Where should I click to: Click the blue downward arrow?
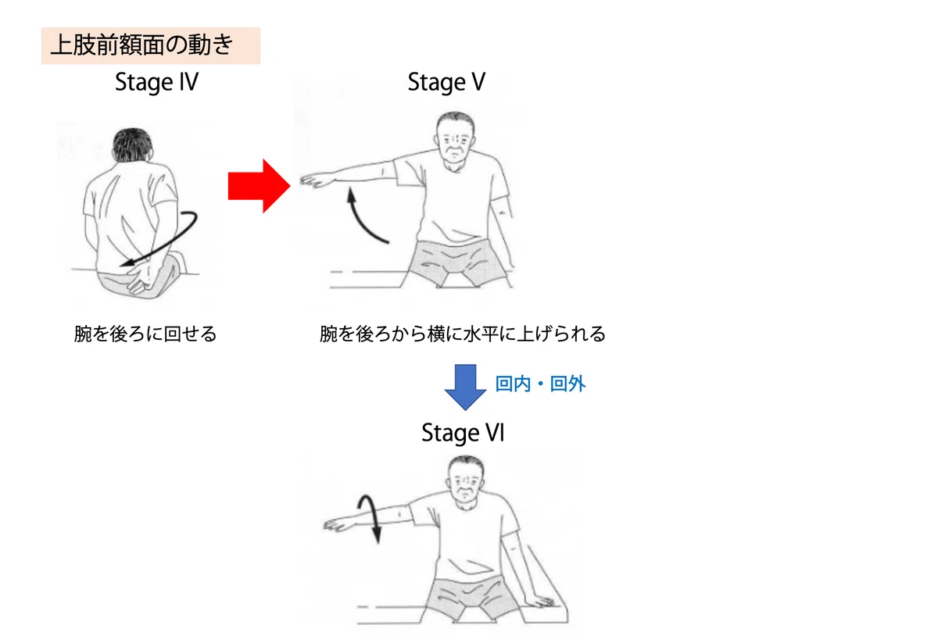click(x=465, y=388)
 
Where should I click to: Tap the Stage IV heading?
click(x=156, y=83)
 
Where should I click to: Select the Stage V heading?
click(x=446, y=83)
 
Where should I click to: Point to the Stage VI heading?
click(x=463, y=433)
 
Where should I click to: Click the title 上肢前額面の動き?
click(x=142, y=45)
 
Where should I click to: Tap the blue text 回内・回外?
click(x=540, y=384)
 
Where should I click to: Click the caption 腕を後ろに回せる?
click(x=145, y=334)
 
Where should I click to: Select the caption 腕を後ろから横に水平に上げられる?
click(x=462, y=334)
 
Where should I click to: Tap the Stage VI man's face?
click(x=466, y=484)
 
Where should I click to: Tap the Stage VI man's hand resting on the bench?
click(x=542, y=602)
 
